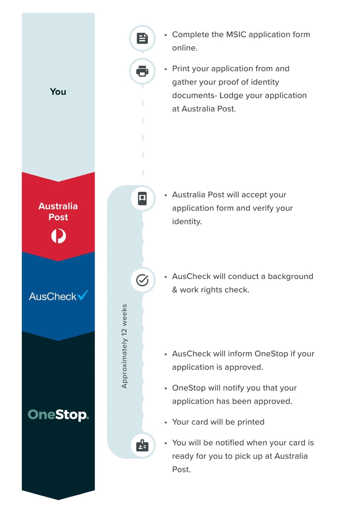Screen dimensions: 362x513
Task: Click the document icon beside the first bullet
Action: (x=142, y=38)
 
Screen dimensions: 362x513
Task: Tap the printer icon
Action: (x=142, y=71)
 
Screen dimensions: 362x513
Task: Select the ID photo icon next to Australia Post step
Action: (x=142, y=198)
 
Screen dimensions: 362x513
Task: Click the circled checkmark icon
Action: (x=142, y=280)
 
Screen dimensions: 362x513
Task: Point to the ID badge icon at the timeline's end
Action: (x=142, y=445)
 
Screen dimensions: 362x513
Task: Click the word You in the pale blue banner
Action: (x=58, y=92)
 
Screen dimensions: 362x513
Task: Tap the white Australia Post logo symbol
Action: (x=59, y=236)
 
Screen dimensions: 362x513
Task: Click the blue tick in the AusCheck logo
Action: (x=83, y=295)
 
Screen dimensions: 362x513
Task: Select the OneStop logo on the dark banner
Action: (x=58, y=415)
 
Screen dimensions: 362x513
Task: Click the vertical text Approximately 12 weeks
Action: (x=124, y=346)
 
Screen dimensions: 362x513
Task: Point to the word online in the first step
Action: (x=185, y=48)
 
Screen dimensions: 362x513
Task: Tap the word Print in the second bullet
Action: (x=180, y=69)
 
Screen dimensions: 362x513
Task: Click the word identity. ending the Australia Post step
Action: (x=187, y=222)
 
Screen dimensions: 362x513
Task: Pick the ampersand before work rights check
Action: (x=175, y=290)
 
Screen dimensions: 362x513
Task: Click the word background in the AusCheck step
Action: (x=290, y=276)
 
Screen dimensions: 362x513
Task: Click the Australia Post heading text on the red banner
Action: (x=58, y=211)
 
